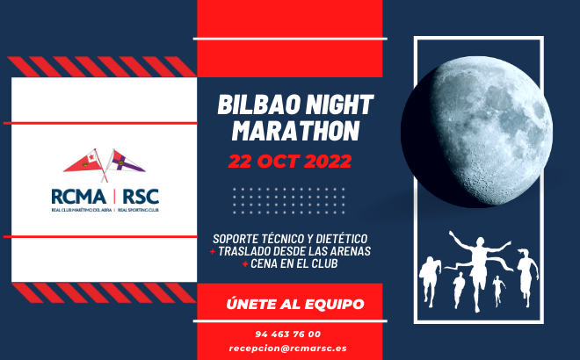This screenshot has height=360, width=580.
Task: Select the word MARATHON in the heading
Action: pyautogui.click(x=295, y=131)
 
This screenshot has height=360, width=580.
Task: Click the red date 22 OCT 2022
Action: pyautogui.click(x=290, y=162)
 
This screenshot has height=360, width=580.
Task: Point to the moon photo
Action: pyautogui.click(x=477, y=132)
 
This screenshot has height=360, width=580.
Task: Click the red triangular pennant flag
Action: pyautogui.click(x=83, y=162)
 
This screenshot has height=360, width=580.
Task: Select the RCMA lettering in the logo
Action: pyautogui.click(x=78, y=197)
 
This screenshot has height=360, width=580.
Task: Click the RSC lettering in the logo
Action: pyautogui.click(x=141, y=197)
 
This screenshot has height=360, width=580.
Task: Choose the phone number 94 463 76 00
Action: pyautogui.click(x=288, y=335)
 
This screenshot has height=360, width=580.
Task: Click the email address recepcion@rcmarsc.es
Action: pyautogui.click(x=287, y=349)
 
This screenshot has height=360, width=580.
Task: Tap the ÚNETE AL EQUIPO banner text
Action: pyautogui.click(x=295, y=304)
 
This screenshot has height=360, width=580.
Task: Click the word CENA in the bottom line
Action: pyautogui.click(x=265, y=263)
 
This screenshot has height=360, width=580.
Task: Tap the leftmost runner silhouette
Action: pyautogui.click(x=430, y=281)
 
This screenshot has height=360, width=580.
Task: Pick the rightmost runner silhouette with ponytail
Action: pyautogui.click(x=527, y=277)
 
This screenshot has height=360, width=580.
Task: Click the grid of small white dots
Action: pyautogui.click(x=289, y=201)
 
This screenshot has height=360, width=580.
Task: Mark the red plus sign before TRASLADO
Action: pyautogui.click(x=213, y=252)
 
